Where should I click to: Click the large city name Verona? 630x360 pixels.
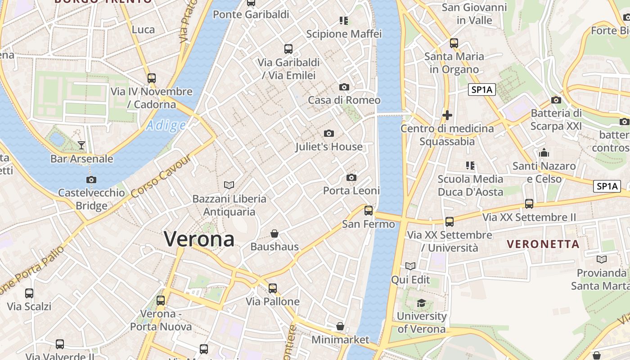coord(199,238)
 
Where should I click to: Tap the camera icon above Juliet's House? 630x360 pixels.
coord(329,133)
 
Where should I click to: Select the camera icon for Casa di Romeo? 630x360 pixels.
coord(344,87)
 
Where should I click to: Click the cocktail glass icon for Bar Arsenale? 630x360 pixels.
coord(81,145)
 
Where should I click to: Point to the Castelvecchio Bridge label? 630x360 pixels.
coord(92,199)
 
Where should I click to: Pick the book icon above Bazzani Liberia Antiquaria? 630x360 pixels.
coord(229,185)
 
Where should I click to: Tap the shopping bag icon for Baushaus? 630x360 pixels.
coord(274,234)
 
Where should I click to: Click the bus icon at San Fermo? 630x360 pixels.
coord(369,210)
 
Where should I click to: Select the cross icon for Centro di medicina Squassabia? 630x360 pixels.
coord(447,115)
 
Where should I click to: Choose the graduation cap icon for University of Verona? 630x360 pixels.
coord(421,303)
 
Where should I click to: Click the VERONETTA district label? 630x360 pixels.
coord(543,244)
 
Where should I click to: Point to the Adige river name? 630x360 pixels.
coord(166,126)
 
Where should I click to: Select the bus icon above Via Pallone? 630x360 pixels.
coord(273,288)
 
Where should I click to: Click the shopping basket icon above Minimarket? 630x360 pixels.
coord(340,326)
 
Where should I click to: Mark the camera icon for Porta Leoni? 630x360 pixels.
coord(351,177)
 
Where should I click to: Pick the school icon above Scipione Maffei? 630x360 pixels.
coord(344,21)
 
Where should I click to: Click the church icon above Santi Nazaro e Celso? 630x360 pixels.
coord(544,153)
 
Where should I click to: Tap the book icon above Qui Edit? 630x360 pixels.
coord(410,266)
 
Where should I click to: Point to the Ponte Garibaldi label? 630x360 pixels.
coord(251,14)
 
